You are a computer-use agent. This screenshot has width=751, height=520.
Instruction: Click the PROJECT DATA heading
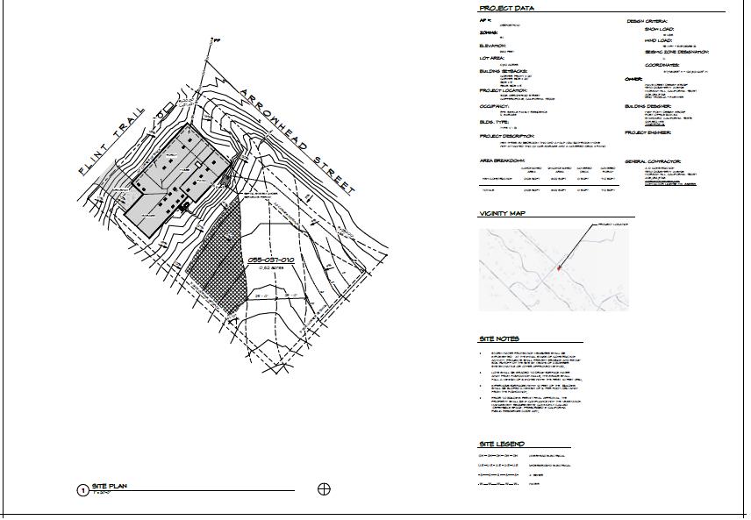point(507,9)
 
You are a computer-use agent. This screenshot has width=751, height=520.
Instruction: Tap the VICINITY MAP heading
point(501,214)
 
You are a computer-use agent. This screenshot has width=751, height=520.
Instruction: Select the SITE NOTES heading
point(499,338)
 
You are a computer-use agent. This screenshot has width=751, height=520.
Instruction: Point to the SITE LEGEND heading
point(502,444)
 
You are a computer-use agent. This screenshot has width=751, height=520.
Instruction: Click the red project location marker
point(559,268)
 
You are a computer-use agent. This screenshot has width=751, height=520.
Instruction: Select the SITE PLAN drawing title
point(111,486)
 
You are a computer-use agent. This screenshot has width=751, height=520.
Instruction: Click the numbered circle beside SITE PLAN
point(82,489)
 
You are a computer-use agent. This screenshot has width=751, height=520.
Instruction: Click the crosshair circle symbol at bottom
point(324,488)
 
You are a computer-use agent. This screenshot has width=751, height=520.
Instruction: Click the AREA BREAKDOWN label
point(502,161)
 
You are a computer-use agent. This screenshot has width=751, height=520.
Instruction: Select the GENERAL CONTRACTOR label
point(654,161)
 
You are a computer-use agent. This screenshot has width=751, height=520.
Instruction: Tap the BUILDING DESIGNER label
point(647,106)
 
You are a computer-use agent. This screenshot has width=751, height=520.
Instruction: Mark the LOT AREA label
point(491,57)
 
